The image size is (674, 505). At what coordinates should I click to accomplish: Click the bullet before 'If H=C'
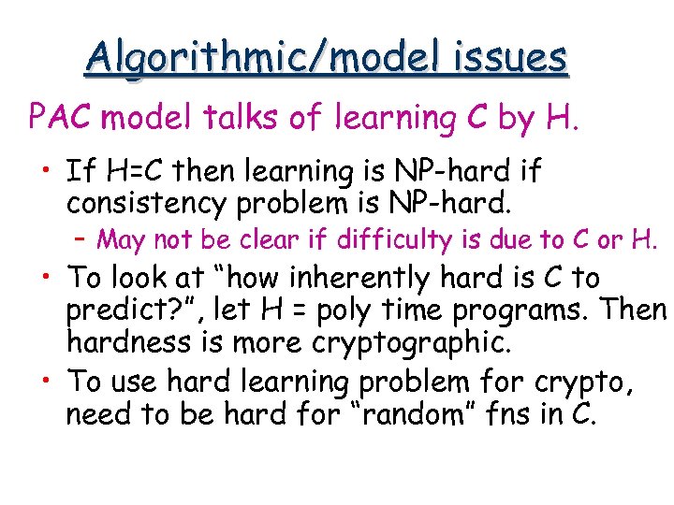click(46, 172)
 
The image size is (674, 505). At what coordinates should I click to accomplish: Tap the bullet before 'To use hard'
click(46, 382)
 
